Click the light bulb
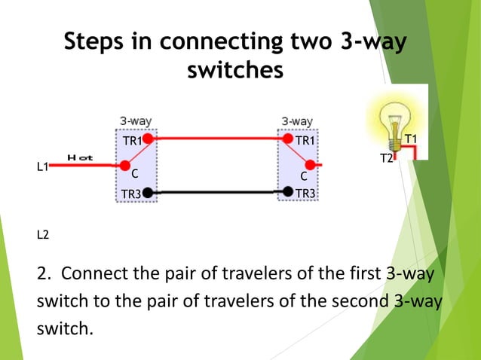tap(392, 121)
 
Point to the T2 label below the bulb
tap(386, 158)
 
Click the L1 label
tap(43, 166)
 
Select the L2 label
tap(43, 235)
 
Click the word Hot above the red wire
tap(80, 157)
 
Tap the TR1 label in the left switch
tap(132, 142)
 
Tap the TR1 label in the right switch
tap(306, 141)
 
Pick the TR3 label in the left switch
tap(131, 194)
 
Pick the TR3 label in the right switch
tap(306, 194)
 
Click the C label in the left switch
tap(135, 174)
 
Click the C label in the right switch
tap(303, 176)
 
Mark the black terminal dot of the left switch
tap(149, 193)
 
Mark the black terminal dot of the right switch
tap(287, 192)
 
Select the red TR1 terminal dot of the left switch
tap(149, 139)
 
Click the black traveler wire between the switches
tap(218, 193)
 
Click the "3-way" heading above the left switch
tap(136, 121)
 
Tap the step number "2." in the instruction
tap(44, 272)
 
